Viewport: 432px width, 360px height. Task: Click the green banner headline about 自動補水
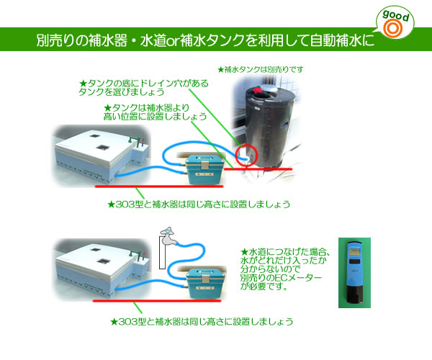tap(205, 41)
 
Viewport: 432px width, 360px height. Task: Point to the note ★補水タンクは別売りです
tap(260, 69)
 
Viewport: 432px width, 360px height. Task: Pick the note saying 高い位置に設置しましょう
tap(156, 112)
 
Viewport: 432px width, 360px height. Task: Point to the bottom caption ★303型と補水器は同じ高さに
tap(202, 320)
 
